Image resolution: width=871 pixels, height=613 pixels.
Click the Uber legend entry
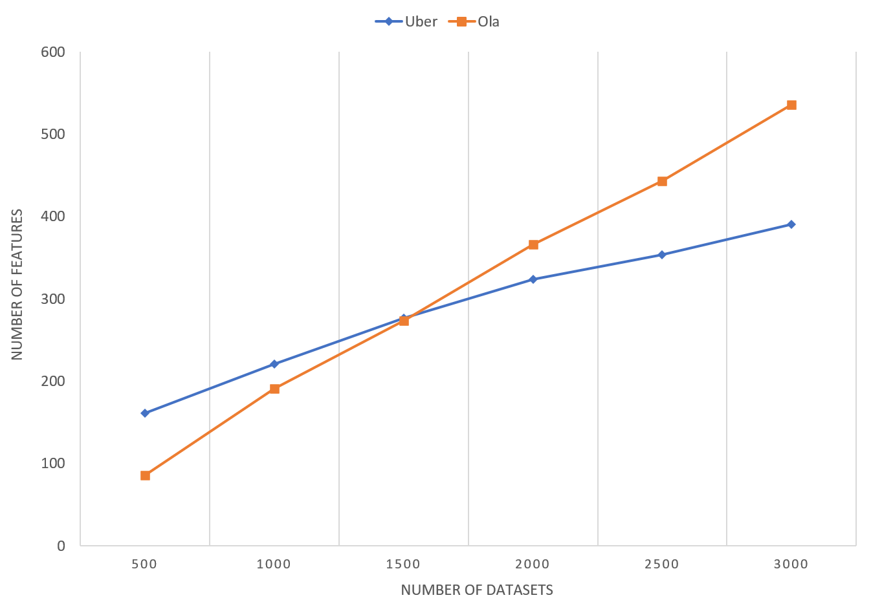[x=406, y=22]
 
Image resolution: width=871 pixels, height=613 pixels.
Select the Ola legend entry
[x=474, y=22]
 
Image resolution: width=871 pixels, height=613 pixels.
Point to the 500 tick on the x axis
[x=144, y=564]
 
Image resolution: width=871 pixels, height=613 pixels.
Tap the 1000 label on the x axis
[x=274, y=564]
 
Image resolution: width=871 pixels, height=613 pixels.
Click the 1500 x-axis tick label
[x=403, y=564]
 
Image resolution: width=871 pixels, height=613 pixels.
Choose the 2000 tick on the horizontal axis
[x=533, y=564]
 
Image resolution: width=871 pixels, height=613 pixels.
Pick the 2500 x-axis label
[x=662, y=564]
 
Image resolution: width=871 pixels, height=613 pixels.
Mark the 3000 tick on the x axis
[x=791, y=564]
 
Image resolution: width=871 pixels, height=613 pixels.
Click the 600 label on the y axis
[x=53, y=52]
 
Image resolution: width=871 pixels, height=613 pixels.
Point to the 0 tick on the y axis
[x=61, y=547]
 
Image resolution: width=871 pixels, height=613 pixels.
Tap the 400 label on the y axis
[x=53, y=215]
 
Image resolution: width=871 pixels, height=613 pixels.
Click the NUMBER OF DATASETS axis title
[x=477, y=590]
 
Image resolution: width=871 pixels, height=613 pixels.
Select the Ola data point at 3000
[x=791, y=105]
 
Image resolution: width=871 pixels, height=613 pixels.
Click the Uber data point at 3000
[x=791, y=224]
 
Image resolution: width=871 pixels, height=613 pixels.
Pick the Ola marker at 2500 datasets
[x=662, y=180]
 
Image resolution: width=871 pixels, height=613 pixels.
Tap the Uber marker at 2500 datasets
[x=662, y=254]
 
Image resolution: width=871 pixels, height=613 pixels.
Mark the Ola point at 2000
[x=533, y=244]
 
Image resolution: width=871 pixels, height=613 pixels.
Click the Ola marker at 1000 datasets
[x=274, y=388]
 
